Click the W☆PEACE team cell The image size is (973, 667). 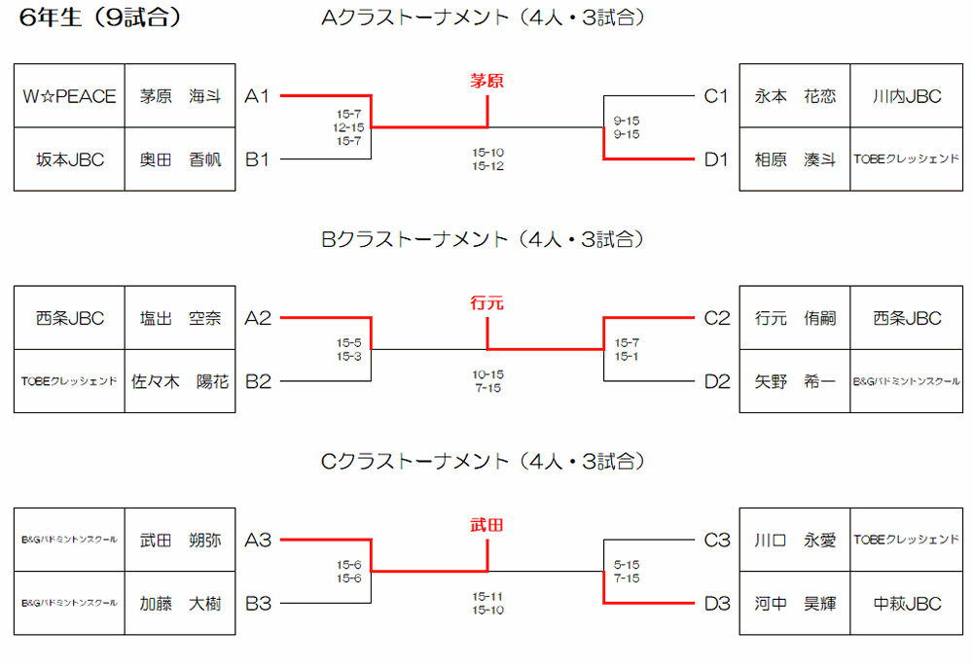pos(69,96)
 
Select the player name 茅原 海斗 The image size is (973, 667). pos(180,96)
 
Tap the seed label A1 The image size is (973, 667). pos(257,96)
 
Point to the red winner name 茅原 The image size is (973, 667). pos(486,81)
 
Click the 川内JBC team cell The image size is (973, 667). pos(907,96)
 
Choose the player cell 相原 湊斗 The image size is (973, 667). pos(795,159)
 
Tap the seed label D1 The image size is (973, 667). pos(716,159)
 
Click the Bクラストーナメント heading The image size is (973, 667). pos(483,239)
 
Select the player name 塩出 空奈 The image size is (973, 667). pos(180,318)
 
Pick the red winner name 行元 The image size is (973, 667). pos(486,303)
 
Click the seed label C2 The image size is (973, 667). pos(716,318)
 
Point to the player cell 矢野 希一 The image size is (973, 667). pos(795,382)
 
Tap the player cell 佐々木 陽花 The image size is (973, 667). pos(180,382)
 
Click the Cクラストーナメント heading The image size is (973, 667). pos(483,461)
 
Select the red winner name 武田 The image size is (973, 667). pos(486,525)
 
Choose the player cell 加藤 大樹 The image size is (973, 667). pos(180,604)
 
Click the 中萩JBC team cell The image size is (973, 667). pos(907,604)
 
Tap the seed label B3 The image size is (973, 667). pos(257,604)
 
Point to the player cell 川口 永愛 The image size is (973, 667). pos(795,541)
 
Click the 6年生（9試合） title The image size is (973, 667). pos(100,18)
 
